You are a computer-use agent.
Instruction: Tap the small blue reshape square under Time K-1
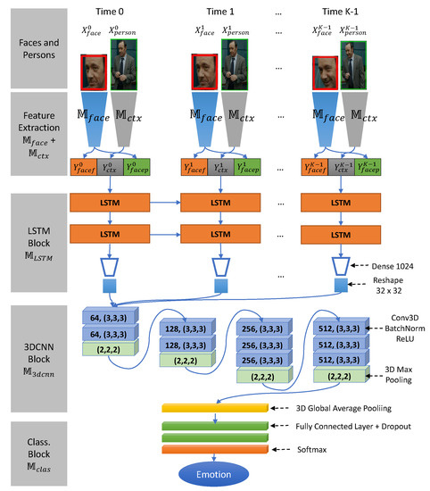341,286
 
